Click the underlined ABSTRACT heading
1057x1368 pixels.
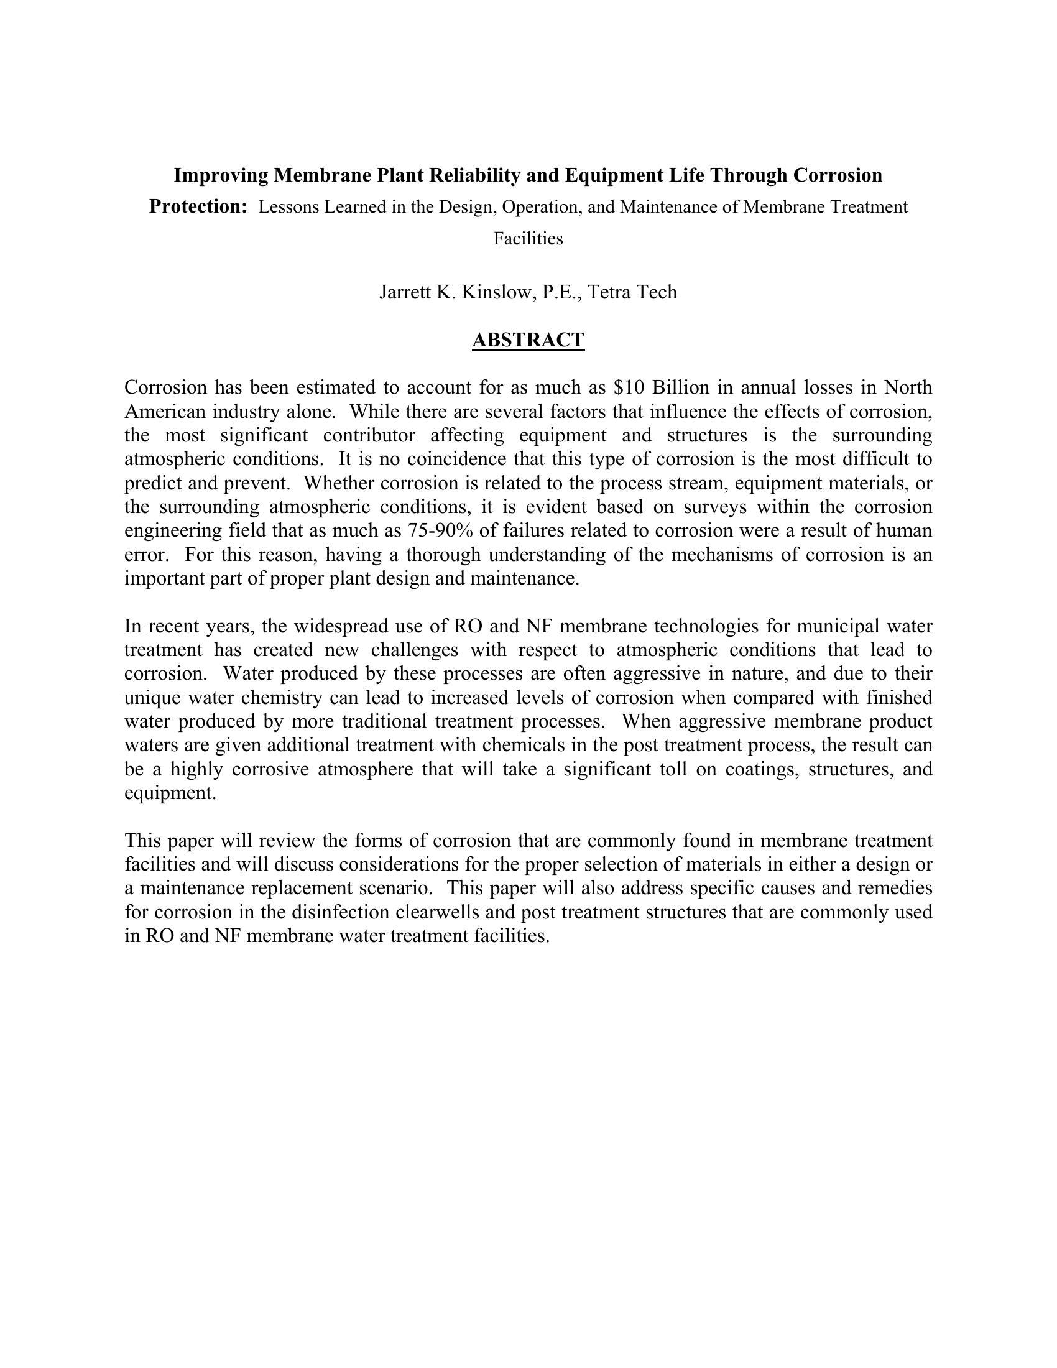(528, 340)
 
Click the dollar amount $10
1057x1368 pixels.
(629, 388)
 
